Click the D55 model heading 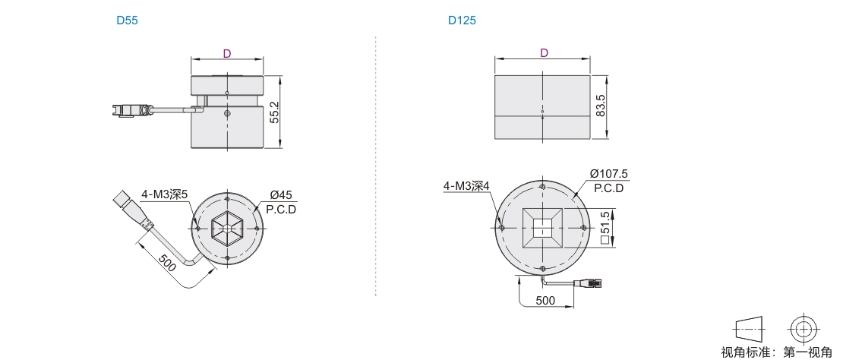click(x=128, y=21)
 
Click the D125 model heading click(x=463, y=21)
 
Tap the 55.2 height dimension click(x=275, y=112)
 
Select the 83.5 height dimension click(x=601, y=106)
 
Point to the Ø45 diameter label click(x=282, y=196)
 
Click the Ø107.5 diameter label click(x=608, y=174)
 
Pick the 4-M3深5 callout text click(x=165, y=194)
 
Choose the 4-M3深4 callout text click(x=466, y=186)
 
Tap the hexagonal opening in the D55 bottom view click(x=227, y=228)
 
